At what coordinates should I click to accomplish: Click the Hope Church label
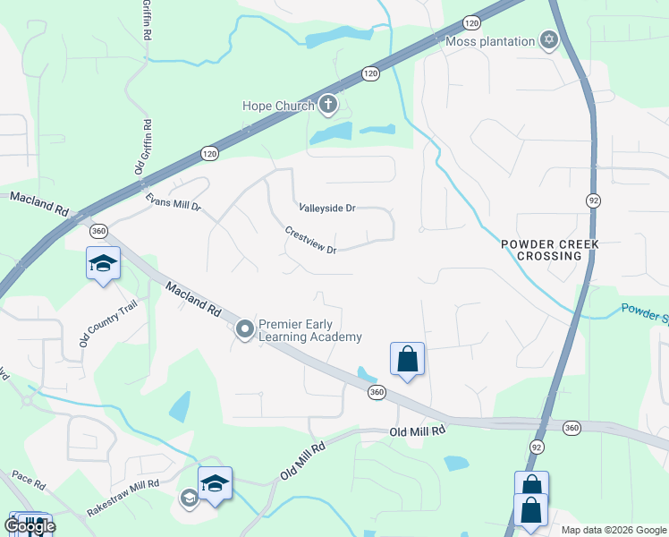tap(278, 106)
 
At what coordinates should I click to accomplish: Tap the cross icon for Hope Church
tap(327, 106)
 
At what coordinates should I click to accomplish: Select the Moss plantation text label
tap(489, 41)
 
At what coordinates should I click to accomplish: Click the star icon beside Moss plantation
tap(548, 40)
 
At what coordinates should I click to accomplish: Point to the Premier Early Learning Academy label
tap(309, 330)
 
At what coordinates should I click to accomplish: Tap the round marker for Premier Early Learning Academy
tap(245, 330)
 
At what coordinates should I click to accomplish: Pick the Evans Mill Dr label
tap(174, 206)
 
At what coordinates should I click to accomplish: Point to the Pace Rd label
tap(29, 482)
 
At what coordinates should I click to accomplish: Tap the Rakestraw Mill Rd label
tap(123, 498)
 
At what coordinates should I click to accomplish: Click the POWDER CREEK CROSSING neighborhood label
tap(548, 250)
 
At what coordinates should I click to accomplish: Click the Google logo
tap(30, 525)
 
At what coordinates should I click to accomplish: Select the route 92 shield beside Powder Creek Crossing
tap(593, 200)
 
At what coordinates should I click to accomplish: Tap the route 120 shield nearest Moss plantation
tap(472, 22)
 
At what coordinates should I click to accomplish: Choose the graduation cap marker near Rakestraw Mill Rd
tap(215, 484)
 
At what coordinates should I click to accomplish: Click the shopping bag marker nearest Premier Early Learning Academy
tap(407, 359)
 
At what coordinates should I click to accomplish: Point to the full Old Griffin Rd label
tap(141, 149)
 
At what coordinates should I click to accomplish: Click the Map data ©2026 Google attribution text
tap(614, 530)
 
